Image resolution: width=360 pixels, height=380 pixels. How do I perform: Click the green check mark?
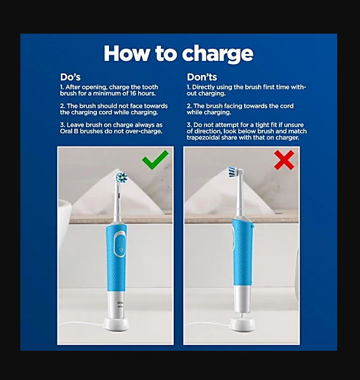(x=155, y=160)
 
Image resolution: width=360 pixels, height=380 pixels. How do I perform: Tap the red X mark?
(x=284, y=160)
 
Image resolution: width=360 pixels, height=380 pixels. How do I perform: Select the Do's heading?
(x=70, y=77)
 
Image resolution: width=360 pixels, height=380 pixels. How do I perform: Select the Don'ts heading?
(x=202, y=77)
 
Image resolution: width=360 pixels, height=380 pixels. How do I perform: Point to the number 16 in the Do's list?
(x=133, y=93)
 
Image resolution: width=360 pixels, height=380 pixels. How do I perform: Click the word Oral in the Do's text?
(x=65, y=131)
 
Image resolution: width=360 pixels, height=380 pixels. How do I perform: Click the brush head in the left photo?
(x=122, y=178)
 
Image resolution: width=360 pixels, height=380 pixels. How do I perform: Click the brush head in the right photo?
(x=236, y=171)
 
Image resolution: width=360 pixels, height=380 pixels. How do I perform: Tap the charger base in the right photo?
(x=242, y=325)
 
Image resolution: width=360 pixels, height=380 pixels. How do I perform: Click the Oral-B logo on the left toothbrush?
(x=120, y=303)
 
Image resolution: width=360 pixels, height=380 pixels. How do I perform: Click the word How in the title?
(x=126, y=53)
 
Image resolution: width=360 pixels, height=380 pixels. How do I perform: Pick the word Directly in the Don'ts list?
(x=203, y=88)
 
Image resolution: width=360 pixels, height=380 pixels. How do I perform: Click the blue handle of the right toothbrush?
(x=242, y=252)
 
